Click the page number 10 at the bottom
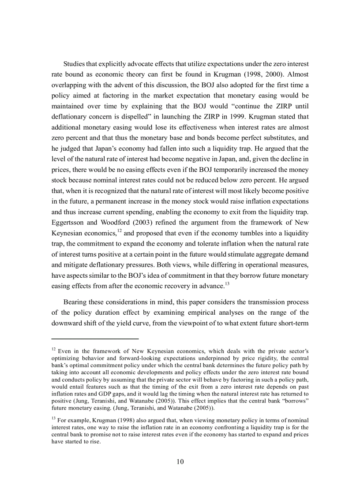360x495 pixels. click(x=180, y=462)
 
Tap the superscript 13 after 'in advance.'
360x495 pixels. click(x=228, y=283)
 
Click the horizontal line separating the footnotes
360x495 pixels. click(x=95, y=339)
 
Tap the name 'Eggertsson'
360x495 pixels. click(x=68, y=223)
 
